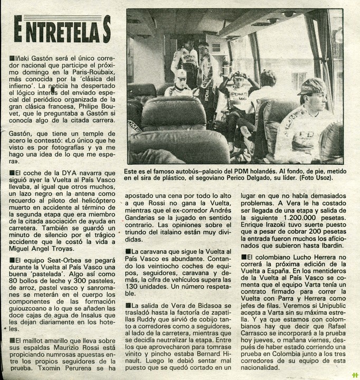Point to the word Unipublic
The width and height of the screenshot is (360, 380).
[326, 306]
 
